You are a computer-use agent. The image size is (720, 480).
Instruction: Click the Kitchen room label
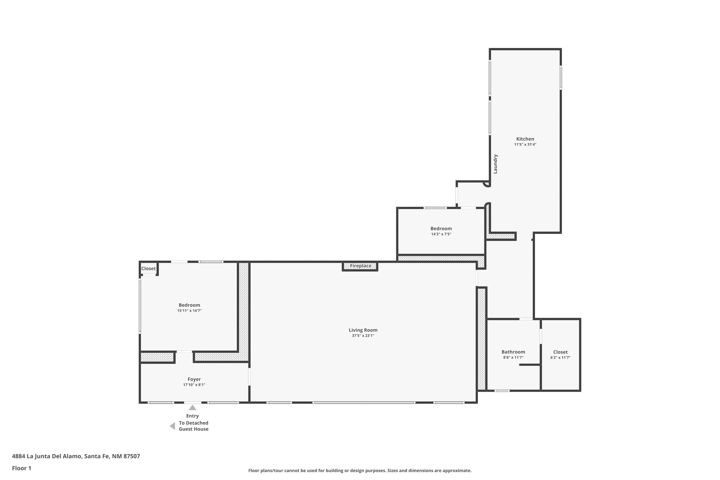(x=525, y=139)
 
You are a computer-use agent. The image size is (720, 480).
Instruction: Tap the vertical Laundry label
(x=495, y=164)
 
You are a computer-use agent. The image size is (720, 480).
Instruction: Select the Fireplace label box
(x=360, y=266)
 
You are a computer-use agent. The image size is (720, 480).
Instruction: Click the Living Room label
(x=363, y=330)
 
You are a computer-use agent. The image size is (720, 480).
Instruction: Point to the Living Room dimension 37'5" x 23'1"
(x=363, y=336)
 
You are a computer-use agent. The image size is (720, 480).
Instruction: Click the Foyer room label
(x=194, y=379)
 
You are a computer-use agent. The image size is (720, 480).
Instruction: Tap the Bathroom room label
(x=513, y=352)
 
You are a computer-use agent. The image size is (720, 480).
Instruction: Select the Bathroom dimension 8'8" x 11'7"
(x=513, y=358)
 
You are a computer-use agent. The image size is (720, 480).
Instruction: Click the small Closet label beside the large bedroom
(x=148, y=269)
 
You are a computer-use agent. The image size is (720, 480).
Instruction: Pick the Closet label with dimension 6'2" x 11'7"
(x=560, y=352)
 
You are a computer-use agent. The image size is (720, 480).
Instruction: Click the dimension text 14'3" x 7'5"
(x=441, y=234)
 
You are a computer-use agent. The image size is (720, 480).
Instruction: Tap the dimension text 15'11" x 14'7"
(x=189, y=311)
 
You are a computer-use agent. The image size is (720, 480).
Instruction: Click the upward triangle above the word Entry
(x=192, y=408)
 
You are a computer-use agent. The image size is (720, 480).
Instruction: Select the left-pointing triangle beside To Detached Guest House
(x=173, y=426)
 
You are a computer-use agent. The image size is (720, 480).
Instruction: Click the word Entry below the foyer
(x=192, y=416)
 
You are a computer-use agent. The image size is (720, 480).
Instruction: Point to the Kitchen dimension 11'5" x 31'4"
(x=525, y=145)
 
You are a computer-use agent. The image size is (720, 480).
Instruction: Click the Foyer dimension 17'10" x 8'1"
(x=194, y=385)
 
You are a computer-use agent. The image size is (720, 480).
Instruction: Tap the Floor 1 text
(x=22, y=468)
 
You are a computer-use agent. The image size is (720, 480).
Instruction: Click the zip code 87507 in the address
(x=132, y=456)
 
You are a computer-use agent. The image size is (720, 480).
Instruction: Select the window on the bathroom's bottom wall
(x=502, y=391)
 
